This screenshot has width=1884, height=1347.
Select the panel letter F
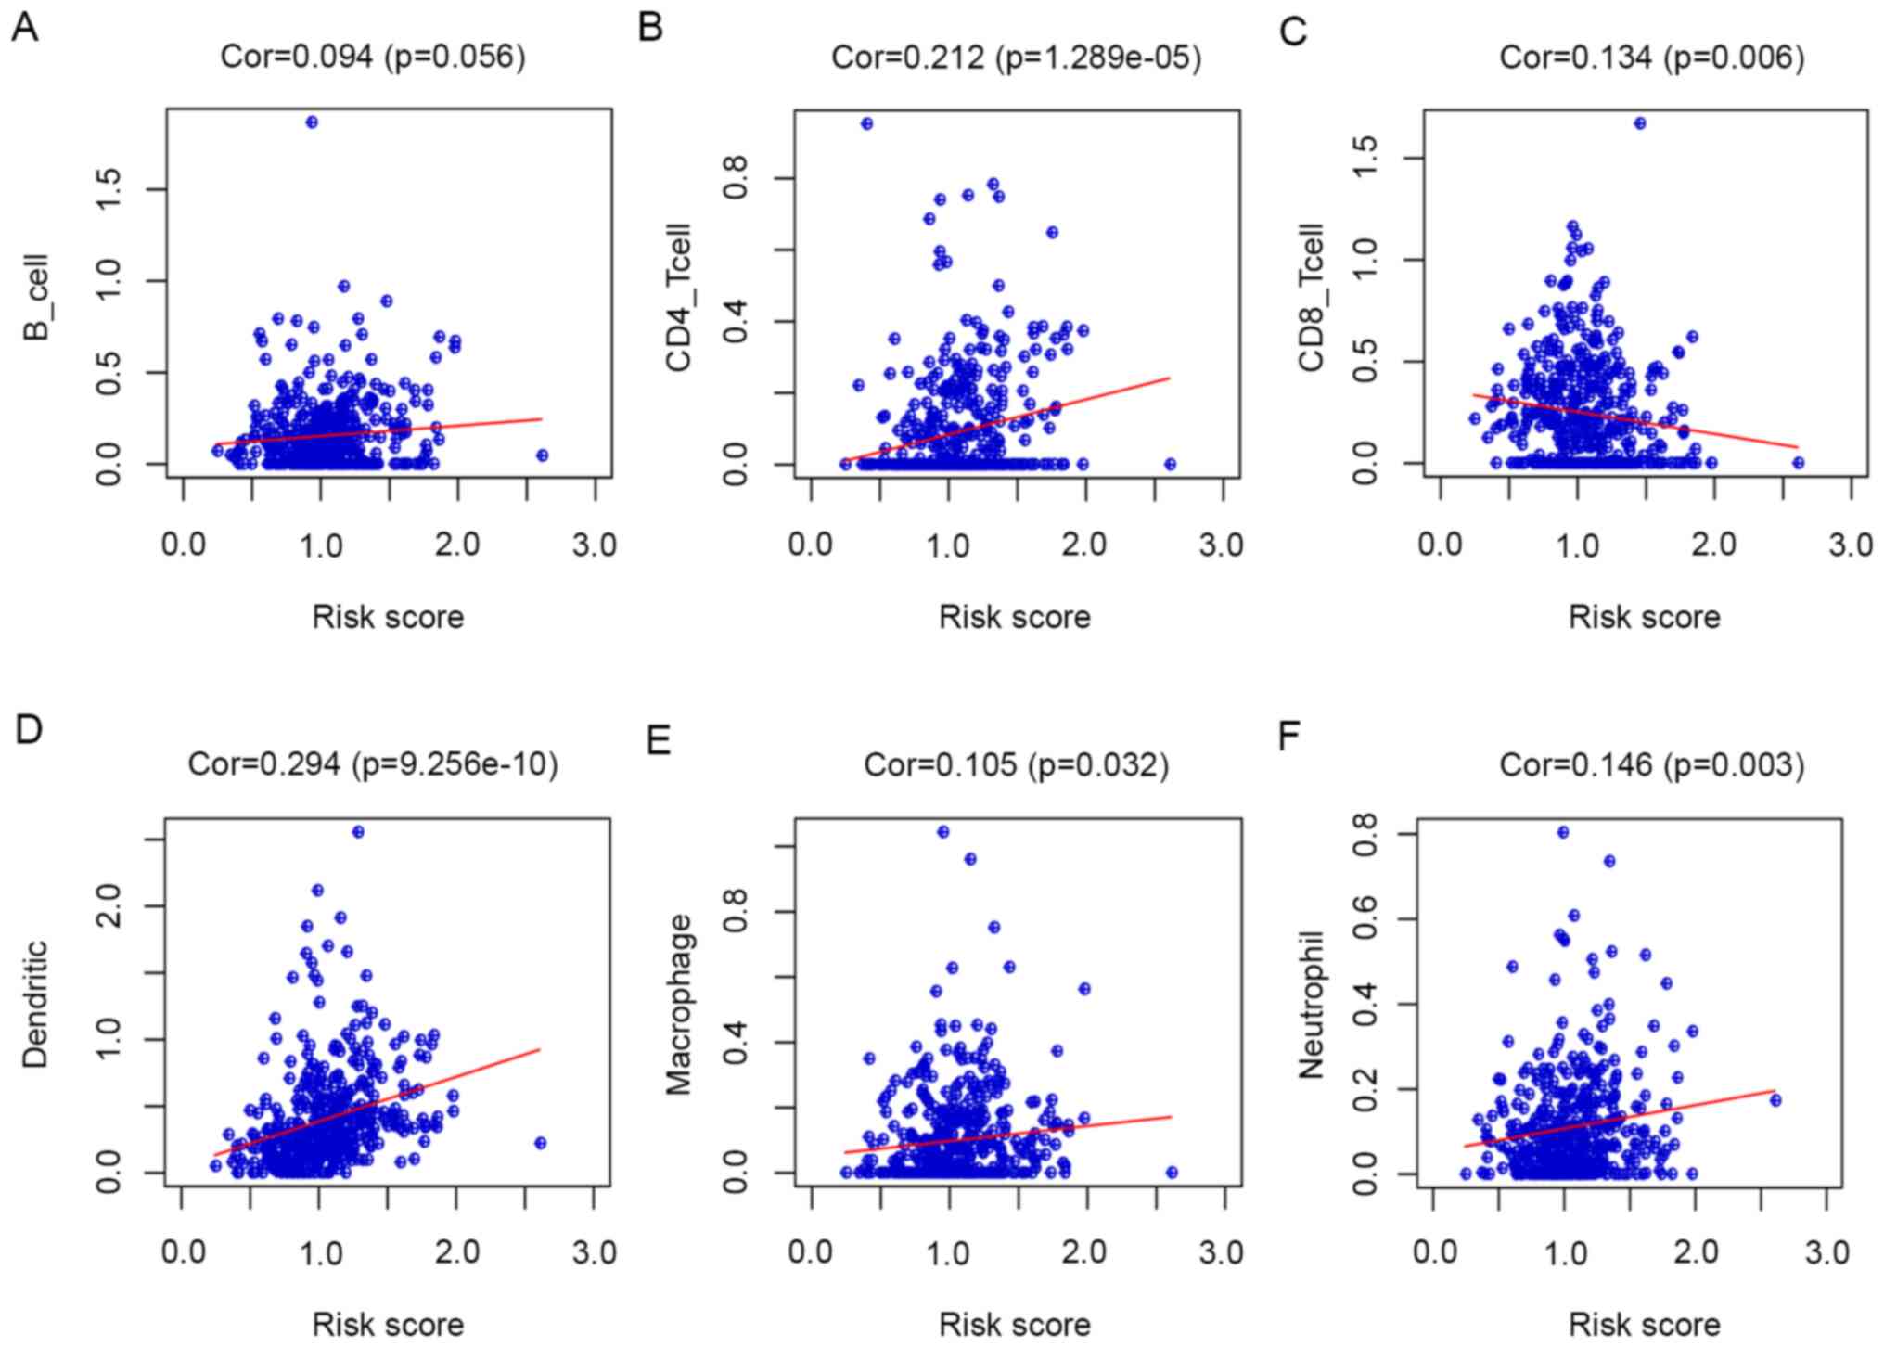point(1289,736)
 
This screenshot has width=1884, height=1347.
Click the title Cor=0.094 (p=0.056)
point(373,58)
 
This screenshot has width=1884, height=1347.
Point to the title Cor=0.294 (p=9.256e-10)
point(373,764)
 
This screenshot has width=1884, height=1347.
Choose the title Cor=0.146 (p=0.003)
point(1651,764)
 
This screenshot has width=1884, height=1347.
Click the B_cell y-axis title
point(37,297)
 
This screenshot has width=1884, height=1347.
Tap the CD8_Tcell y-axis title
point(1311,297)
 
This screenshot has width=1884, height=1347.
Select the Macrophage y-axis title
point(679,1004)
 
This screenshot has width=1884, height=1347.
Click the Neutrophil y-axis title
point(1311,1006)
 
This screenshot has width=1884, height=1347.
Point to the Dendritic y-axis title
point(35,1004)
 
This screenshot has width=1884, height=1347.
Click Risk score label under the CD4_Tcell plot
point(1014,617)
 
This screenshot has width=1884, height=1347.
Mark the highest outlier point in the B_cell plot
point(312,122)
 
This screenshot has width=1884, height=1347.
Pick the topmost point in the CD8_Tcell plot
point(1640,123)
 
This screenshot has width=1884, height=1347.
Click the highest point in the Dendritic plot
point(358,832)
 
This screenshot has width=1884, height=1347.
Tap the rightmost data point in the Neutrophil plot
point(1775,1100)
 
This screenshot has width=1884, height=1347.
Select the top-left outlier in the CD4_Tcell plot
point(866,123)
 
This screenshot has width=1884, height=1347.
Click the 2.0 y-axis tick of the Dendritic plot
point(109,905)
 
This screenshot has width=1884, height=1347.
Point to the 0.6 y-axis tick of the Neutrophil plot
point(1364,918)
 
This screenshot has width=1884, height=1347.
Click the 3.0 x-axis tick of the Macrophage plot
point(1222,1251)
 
